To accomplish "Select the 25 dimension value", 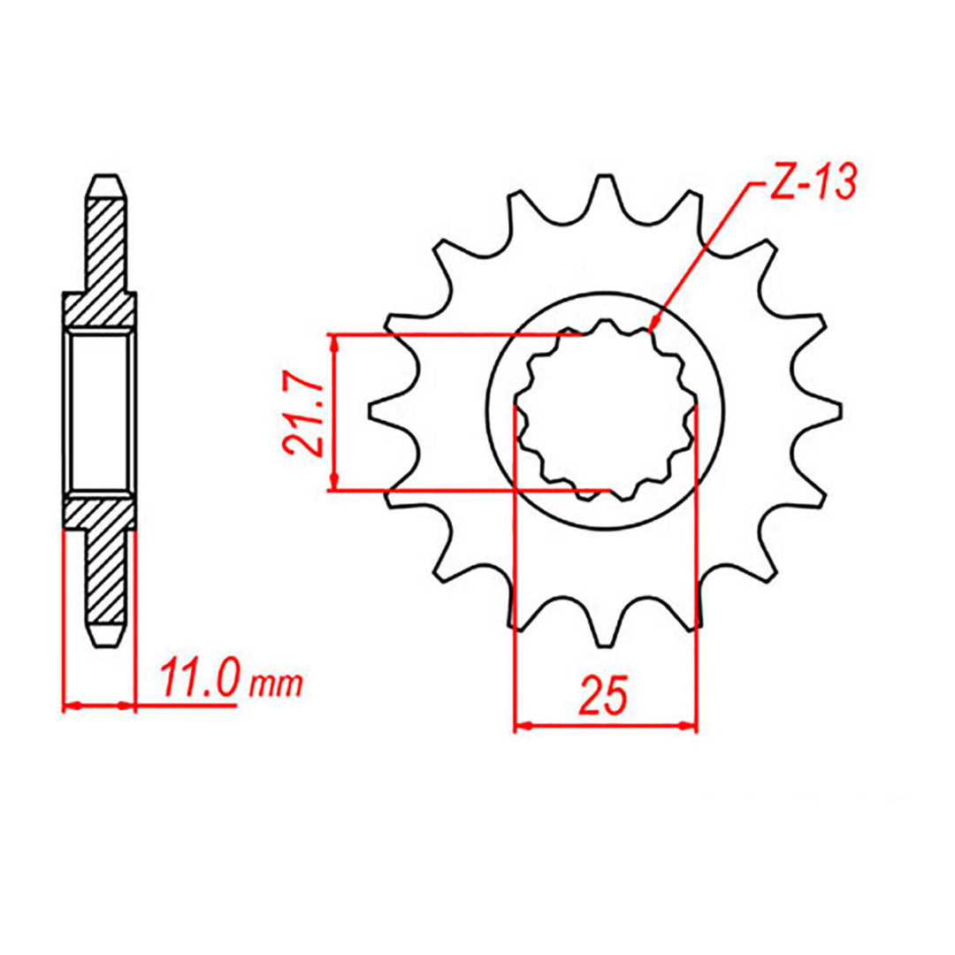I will (604, 696).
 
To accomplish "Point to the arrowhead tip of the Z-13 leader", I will (653, 329).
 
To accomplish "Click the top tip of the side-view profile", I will (106, 177).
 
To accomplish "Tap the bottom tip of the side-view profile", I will (106, 646).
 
